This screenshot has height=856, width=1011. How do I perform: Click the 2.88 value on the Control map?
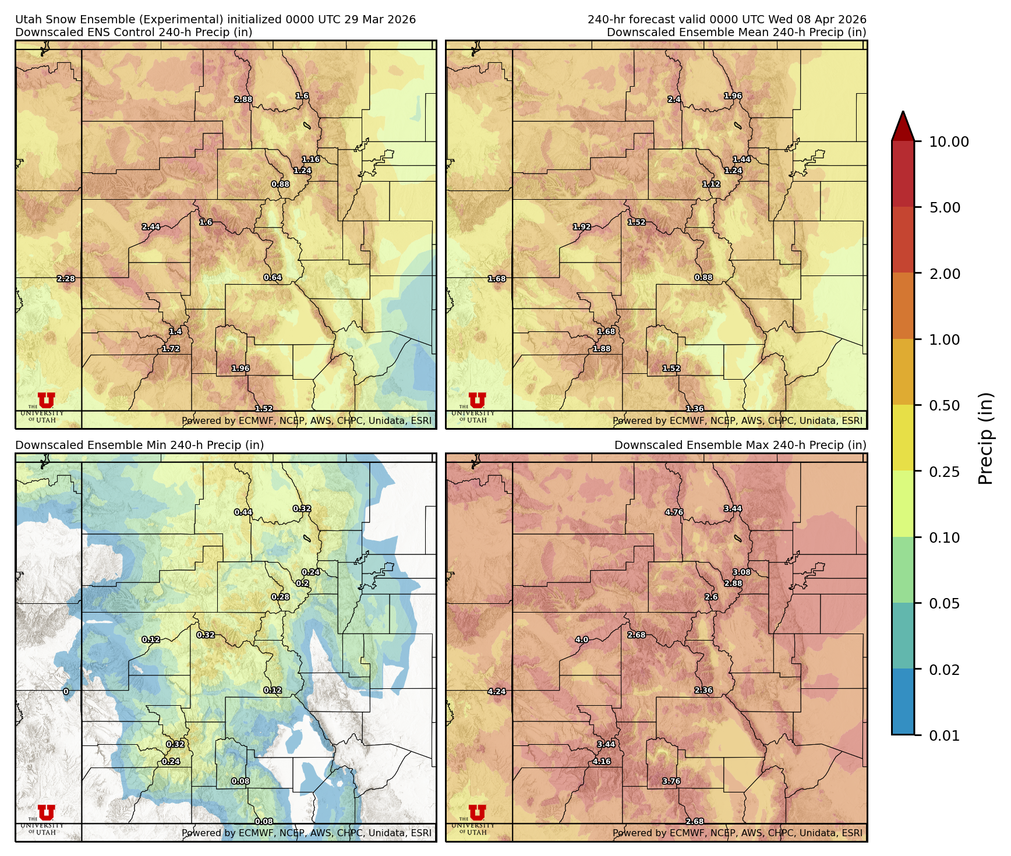[x=243, y=100]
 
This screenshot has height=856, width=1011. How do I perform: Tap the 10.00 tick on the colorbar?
[x=949, y=142]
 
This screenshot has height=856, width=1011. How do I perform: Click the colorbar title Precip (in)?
[x=985, y=438]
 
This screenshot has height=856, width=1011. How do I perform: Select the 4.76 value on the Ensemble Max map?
[x=674, y=512]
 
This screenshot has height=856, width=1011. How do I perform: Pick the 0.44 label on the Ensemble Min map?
[x=243, y=512]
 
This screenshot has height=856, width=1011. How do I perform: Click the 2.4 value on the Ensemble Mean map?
[x=674, y=100]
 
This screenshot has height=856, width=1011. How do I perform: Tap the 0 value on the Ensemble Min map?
[x=66, y=692]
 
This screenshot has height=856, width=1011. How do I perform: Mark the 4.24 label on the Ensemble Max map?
[x=497, y=692]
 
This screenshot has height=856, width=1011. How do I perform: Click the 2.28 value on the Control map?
[x=66, y=279]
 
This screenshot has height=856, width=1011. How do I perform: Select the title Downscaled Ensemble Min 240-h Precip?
[x=139, y=445]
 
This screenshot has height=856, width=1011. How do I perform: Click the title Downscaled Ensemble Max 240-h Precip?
[x=740, y=445]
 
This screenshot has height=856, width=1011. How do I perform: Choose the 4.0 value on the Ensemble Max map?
[x=582, y=639]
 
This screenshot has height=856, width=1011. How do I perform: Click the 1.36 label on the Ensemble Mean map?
[x=695, y=409]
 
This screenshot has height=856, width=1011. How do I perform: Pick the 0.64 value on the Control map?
[x=273, y=278]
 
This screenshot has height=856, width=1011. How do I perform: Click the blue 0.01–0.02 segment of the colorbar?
[x=903, y=702]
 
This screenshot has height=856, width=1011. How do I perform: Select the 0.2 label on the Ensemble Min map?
[x=302, y=583]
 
